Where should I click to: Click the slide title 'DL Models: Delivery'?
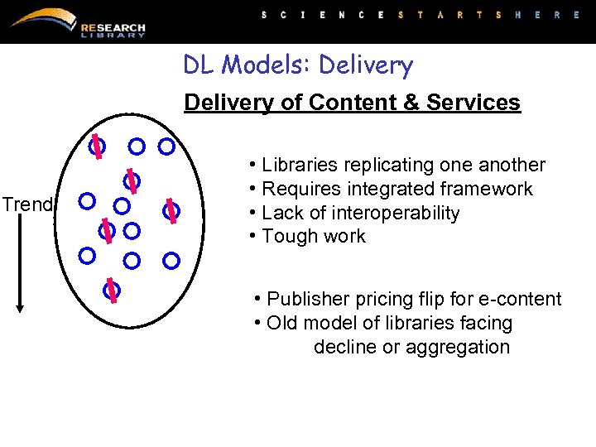tap(298, 65)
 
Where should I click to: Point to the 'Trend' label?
tap(26, 204)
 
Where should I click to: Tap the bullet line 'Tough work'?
tap(313, 236)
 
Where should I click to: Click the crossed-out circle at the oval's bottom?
tap(112, 290)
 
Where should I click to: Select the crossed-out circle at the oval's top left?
tap(97, 147)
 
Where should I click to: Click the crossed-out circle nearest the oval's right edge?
tap(171, 211)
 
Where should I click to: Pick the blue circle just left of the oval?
tap(86, 200)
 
